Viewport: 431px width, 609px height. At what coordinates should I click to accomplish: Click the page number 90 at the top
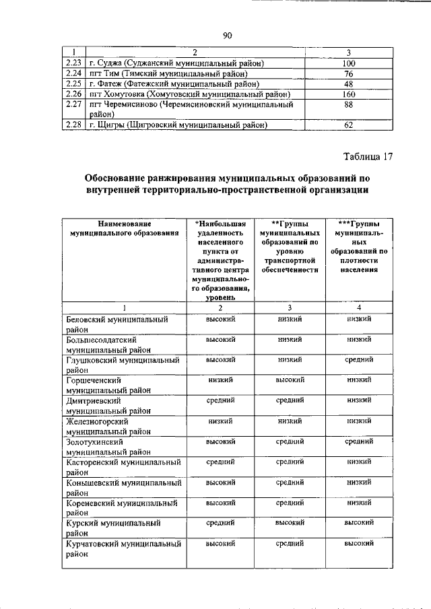point(227,36)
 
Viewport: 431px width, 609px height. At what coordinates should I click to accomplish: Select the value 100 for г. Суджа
point(348,63)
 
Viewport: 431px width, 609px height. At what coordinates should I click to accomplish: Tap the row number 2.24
point(74,73)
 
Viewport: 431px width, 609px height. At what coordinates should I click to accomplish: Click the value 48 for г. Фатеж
point(348,84)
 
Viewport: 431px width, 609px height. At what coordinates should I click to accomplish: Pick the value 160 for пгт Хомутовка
point(348,95)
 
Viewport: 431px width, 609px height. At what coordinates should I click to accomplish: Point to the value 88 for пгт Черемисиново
point(348,106)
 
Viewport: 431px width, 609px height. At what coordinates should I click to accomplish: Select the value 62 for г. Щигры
point(348,124)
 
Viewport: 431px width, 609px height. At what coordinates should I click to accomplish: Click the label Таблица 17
point(367,157)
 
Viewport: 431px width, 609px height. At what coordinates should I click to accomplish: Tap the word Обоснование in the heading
point(120,179)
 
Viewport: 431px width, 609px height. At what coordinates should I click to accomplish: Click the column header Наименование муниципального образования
point(125,228)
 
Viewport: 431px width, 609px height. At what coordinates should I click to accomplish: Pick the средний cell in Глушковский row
point(360,360)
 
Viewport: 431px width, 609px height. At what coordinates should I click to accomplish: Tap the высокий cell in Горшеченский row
point(290,380)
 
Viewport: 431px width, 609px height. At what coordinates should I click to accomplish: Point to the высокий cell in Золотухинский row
point(220,441)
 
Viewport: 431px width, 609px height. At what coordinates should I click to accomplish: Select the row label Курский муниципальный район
point(112,527)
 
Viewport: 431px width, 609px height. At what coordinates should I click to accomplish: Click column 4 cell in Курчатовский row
point(360,542)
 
